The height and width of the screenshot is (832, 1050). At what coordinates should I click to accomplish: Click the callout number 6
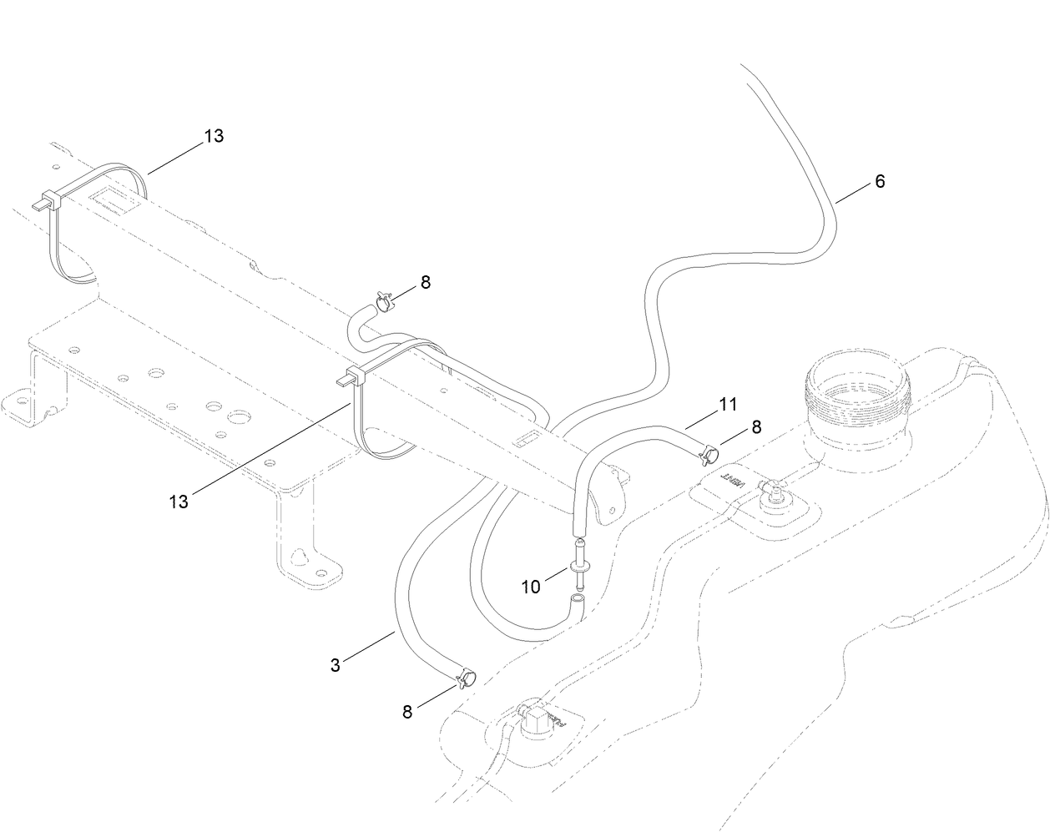click(880, 181)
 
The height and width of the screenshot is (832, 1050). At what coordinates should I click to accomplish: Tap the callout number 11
click(727, 405)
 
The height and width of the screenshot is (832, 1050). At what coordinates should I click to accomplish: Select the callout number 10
click(531, 587)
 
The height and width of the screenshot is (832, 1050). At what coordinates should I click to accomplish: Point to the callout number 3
click(336, 665)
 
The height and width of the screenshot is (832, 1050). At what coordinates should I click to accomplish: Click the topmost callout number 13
click(214, 136)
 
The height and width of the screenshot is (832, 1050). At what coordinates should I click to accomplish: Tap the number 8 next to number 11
click(756, 426)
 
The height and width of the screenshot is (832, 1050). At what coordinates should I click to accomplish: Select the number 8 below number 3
click(407, 712)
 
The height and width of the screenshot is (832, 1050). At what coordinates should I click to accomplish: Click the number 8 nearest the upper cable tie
click(425, 282)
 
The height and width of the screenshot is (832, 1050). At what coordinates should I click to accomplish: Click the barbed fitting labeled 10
click(578, 567)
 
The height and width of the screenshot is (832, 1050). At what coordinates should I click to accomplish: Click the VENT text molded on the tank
click(733, 481)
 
